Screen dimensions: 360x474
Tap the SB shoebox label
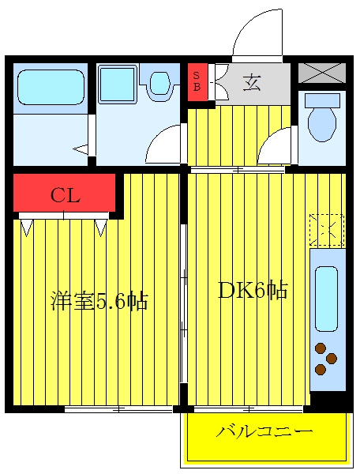coord(197,81)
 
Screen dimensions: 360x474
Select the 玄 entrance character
coord(252,82)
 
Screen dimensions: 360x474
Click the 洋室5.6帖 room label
coord(99,301)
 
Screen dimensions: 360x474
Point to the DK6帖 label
coord(253,290)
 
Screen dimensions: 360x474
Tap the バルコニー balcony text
coord(264,431)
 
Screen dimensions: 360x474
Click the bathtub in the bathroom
coord(51,88)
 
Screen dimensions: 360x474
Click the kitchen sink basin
coord(326,299)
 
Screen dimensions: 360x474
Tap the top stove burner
coord(321,348)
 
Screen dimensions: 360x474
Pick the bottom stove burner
coord(321,369)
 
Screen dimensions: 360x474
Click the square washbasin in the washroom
coord(117,84)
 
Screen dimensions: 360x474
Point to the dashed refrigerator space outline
coord(327,230)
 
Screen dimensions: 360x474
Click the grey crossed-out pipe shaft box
coord(322,73)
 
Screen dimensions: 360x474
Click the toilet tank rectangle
coord(322,100)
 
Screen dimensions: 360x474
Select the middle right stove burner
coord(331,358)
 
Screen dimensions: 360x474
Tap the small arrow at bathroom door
coord(81,149)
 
